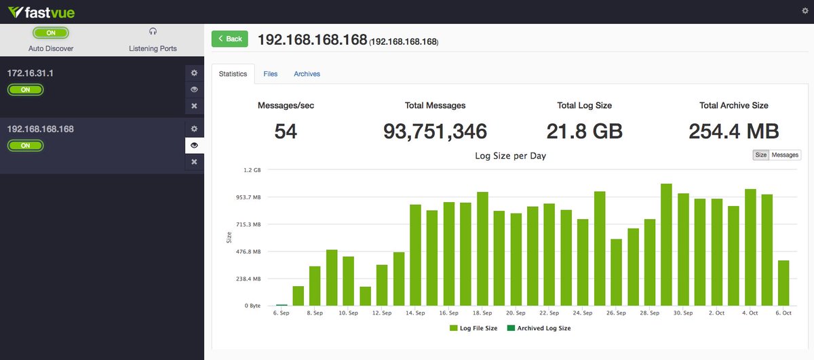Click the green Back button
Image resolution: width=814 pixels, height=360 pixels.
(230, 39)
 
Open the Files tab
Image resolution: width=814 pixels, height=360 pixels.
(270, 74)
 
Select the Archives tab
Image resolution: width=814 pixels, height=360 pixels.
(307, 74)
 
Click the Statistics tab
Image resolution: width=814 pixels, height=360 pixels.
(233, 74)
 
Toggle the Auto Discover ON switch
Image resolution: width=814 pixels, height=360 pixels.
(51, 33)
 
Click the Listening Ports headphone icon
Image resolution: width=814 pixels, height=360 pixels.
(153, 31)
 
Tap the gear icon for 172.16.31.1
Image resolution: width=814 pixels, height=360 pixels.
(194, 73)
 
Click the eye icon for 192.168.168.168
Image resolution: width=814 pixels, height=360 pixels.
(194, 145)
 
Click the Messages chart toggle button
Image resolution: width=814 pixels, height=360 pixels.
(785, 155)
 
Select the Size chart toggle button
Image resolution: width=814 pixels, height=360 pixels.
(760, 155)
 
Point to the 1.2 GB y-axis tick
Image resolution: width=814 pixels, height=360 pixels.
(252, 170)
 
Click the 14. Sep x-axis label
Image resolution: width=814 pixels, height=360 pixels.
(415, 313)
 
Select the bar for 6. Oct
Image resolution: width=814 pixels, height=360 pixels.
(783, 283)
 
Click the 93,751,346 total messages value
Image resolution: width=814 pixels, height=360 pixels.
(435, 132)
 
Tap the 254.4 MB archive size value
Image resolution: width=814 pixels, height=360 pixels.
(733, 132)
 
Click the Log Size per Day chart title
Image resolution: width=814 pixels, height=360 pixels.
(510, 156)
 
